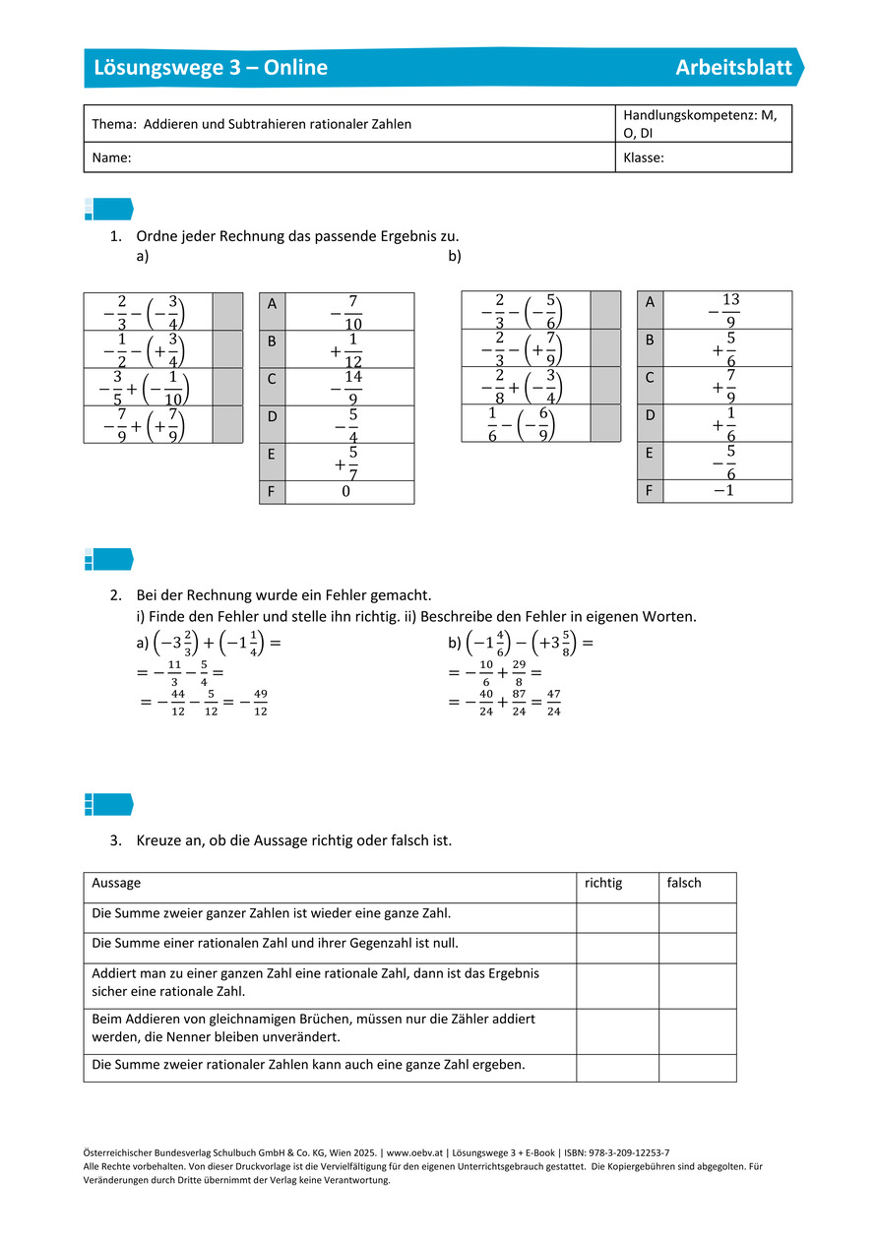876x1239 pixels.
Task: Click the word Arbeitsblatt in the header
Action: click(x=733, y=68)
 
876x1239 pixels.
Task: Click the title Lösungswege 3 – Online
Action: click(x=211, y=68)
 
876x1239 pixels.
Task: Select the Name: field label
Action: click(x=112, y=157)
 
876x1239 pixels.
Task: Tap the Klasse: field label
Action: click(x=644, y=157)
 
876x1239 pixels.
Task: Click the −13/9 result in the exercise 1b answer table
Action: click(x=725, y=310)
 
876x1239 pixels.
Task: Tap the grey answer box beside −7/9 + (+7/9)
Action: click(x=227, y=424)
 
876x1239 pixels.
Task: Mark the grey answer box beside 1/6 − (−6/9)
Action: click(x=605, y=423)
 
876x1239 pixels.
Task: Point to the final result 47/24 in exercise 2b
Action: click(x=553, y=703)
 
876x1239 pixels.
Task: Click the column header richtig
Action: click(x=603, y=884)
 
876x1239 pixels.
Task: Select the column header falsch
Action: click(x=684, y=884)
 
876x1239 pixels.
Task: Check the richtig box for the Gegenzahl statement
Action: click(x=617, y=948)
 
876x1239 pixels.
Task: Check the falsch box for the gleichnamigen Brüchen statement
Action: click(x=697, y=1030)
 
